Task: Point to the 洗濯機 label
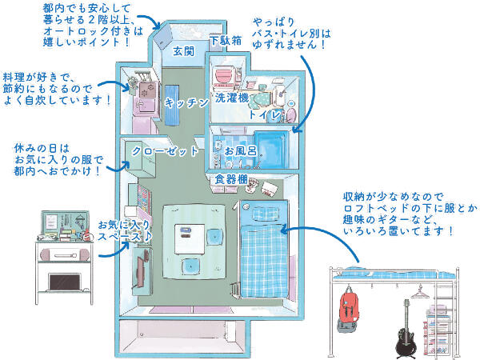pos(232,98)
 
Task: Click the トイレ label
pos(265,115)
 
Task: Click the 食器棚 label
pos(230,180)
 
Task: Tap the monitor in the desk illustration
pos(64,282)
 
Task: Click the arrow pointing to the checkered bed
pos(304,232)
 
